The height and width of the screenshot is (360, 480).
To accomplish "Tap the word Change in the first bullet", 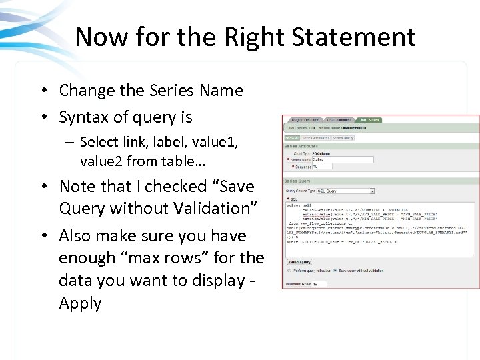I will (86, 90).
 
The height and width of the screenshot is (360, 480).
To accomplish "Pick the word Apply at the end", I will (80, 303).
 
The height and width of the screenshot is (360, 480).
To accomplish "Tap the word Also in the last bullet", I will (77, 236).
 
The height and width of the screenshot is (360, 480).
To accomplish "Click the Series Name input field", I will (327, 159).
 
